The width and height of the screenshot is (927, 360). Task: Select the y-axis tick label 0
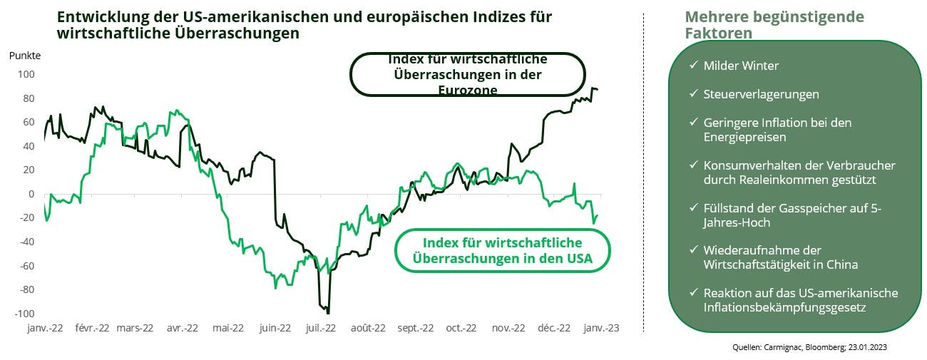tap(31, 194)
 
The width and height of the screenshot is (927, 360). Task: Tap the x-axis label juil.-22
tap(321, 329)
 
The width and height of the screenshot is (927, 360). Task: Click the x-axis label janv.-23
tap(602, 329)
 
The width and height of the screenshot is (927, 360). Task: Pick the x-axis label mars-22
tap(135, 329)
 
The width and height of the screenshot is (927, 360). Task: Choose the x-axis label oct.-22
tap(461, 329)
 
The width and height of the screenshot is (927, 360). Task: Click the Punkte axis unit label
tap(25, 56)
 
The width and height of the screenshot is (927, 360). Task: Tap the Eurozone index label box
tap(467, 74)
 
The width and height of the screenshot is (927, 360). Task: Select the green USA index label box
tap(503, 250)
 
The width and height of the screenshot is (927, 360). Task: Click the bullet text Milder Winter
tap(741, 66)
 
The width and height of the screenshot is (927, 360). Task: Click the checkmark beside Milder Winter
tap(693, 66)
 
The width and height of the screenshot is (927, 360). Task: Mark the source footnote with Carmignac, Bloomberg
tap(809, 347)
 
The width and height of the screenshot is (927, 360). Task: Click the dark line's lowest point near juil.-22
tap(327, 312)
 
